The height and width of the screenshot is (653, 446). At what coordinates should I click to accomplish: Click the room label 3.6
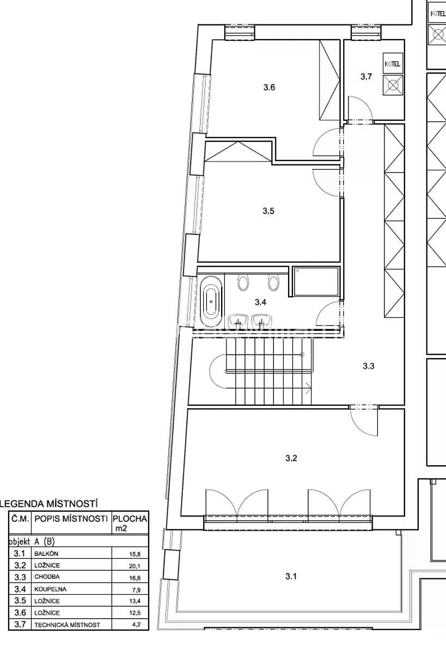[x=269, y=87]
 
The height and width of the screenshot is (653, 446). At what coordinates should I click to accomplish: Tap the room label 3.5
[x=268, y=211]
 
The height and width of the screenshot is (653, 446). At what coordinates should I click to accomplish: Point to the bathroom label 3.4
[x=260, y=302]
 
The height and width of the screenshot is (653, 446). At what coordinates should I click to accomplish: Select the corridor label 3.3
[x=369, y=366]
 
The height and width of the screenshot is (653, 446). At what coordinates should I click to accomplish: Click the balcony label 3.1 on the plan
[x=291, y=576]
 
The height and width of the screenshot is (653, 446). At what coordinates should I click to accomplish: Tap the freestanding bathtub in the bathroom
[x=211, y=301]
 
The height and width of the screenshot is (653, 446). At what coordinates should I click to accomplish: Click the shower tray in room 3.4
[x=316, y=281]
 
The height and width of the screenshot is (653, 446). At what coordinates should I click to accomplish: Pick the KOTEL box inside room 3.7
[x=392, y=64]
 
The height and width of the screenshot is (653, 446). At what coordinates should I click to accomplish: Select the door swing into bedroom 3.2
[x=364, y=421]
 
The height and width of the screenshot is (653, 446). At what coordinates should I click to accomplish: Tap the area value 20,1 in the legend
[x=135, y=566]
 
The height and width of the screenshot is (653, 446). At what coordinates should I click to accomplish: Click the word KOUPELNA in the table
[x=50, y=589]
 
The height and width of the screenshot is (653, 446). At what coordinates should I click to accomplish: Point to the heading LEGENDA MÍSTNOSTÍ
[x=48, y=503]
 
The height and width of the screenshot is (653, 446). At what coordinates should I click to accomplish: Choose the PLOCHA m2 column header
[x=130, y=523]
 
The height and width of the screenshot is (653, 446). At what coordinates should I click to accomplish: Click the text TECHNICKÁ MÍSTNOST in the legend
[x=67, y=625]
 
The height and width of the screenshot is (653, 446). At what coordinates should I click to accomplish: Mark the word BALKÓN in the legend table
[x=46, y=553]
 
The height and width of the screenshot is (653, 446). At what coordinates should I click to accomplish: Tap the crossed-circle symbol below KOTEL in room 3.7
[x=393, y=85]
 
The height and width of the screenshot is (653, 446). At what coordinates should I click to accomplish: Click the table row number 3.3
[x=20, y=577]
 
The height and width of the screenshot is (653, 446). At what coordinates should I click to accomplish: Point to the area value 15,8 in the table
[x=135, y=554]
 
